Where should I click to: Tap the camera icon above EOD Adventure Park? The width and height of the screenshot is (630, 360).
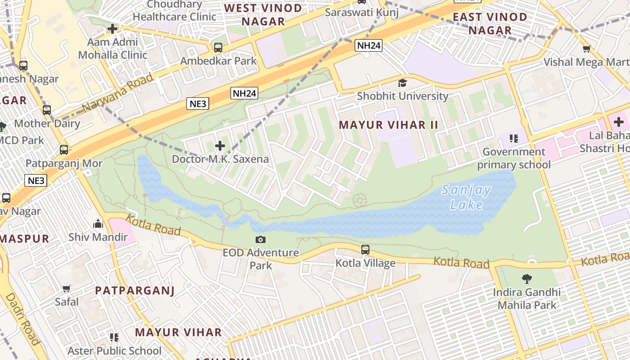260,240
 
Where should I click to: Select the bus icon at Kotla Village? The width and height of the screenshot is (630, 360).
365,249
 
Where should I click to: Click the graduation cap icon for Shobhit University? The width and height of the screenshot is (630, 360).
402,83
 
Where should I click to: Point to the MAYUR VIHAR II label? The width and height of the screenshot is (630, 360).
388,125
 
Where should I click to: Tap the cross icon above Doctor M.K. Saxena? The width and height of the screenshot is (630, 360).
220,146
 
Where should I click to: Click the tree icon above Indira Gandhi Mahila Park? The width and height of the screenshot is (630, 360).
526,279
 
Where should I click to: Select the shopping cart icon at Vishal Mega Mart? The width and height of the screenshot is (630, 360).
586,49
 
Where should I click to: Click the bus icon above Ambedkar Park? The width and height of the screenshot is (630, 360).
218,47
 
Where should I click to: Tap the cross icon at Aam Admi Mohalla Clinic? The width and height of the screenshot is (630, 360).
112,29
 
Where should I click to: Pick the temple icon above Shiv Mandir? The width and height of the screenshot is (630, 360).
98,224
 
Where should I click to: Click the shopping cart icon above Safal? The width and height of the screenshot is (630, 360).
67,288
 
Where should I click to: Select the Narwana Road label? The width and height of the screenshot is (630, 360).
118,93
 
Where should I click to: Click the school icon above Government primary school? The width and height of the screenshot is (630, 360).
513,138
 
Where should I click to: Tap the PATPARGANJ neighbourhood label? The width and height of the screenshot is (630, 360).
135,291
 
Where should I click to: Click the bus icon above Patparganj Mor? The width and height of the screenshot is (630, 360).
64,149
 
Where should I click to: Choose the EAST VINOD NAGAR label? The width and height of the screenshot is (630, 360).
490,24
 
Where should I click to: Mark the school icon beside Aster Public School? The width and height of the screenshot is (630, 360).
114,337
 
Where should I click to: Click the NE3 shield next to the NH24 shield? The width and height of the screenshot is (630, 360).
198,104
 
